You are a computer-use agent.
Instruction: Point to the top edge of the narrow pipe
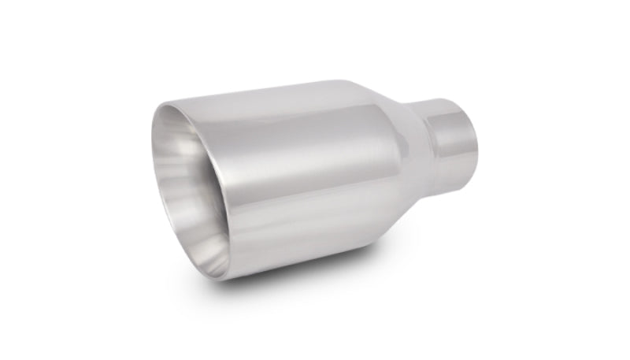click(x=445, y=101)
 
